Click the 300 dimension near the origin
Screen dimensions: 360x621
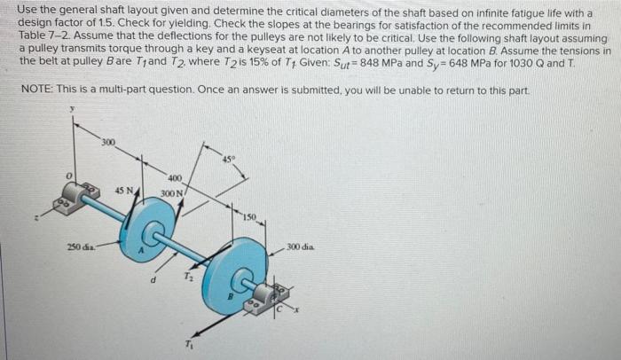(107, 142)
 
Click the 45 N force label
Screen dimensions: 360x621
(125, 192)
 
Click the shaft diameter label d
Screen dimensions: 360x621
(156, 283)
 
